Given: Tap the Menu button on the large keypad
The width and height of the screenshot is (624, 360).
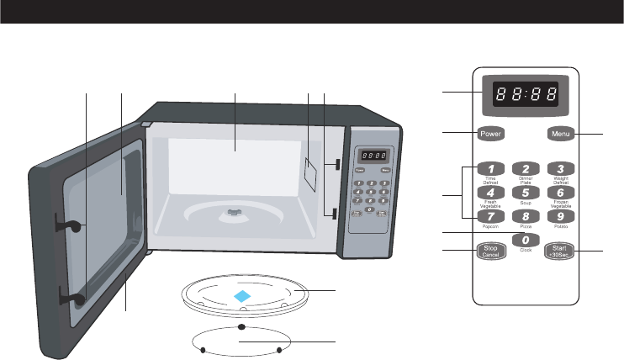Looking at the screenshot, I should coord(560,133).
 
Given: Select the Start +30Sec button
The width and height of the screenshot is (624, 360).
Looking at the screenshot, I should coord(559,249).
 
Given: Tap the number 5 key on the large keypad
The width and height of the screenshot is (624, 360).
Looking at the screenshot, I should coord(525,193).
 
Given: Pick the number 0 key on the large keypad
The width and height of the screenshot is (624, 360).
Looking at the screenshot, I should coord(525,241).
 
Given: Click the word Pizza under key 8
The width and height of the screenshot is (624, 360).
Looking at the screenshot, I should coord(525,227).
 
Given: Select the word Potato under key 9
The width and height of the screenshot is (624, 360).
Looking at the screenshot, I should coord(559,227).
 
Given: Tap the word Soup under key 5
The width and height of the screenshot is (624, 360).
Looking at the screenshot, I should coord(525,204).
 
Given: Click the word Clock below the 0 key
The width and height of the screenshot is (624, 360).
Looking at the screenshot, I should coord(525,251).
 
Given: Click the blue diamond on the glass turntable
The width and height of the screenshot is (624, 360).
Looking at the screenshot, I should coord(241,296).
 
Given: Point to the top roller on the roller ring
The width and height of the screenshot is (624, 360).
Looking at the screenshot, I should coord(241,326).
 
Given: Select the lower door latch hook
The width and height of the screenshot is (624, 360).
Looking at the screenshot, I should coord(71,294).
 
